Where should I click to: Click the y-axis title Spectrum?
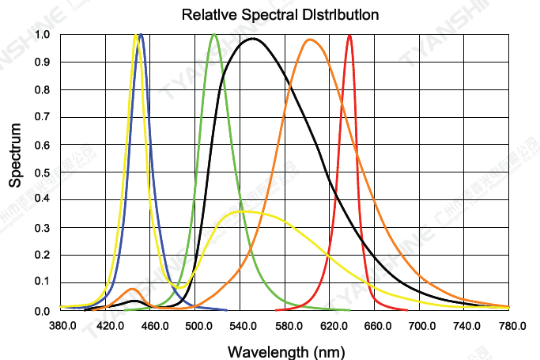(15, 154)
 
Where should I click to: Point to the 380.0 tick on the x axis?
(62, 326)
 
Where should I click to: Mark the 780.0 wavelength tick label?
(513, 326)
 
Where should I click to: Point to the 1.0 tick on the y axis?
(42, 35)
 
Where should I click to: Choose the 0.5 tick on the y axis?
(42, 172)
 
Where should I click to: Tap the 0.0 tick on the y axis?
(42, 311)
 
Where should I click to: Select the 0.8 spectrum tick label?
(42, 90)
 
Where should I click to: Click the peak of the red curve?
(349, 35)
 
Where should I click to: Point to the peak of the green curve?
(214, 35)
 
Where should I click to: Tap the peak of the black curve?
(253, 39)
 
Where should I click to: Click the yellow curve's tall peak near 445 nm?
(136, 36)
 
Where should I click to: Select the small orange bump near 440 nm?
(131, 289)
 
